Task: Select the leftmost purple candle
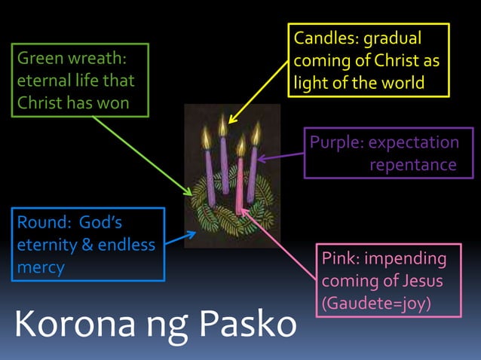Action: (210, 177)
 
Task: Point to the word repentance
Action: (412, 164)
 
